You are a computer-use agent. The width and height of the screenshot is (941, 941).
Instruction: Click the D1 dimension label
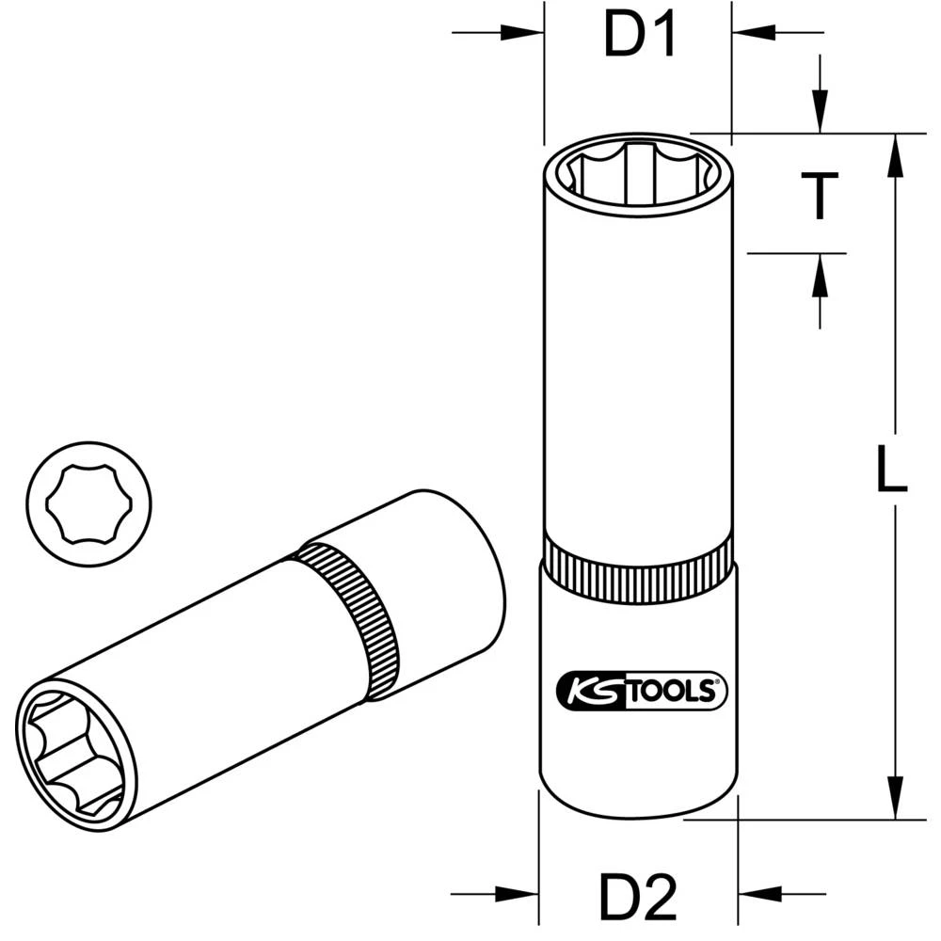pos(640,39)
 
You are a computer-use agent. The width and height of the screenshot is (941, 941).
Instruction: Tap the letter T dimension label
pos(821,197)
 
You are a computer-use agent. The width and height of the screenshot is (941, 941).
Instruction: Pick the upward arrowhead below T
pos(821,273)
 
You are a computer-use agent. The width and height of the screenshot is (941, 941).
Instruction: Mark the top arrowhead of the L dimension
pos(895,155)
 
